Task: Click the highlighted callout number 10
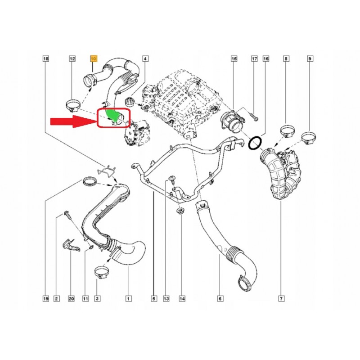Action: tap(94, 59)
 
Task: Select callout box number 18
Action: tap(46, 59)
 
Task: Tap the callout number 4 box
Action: tap(145, 59)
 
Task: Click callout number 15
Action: tap(234, 59)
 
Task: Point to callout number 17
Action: tap(254, 59)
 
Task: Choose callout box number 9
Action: tap(310, 59)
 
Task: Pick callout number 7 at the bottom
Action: tap(282, 298)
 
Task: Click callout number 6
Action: tap(220, 298)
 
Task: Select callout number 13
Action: tap(166, 298)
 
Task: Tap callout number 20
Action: tap(72, 298)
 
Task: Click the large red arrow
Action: tap(74, 121)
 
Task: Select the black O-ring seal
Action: tap(255, 143)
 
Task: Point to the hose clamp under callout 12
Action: tap(73, 105)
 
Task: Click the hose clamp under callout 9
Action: tap(309, 137)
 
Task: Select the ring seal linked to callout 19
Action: tap(89, 181)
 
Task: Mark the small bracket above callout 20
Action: tap(71, 245)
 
